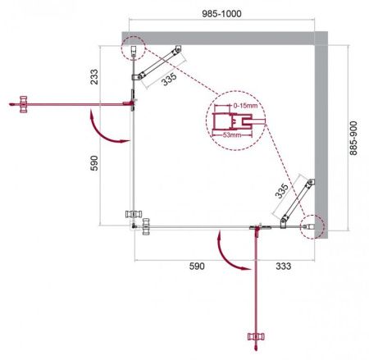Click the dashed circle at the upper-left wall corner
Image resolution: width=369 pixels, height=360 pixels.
(x=132, y=48)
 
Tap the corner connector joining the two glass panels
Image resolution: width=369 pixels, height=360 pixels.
(x=136, y=221)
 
